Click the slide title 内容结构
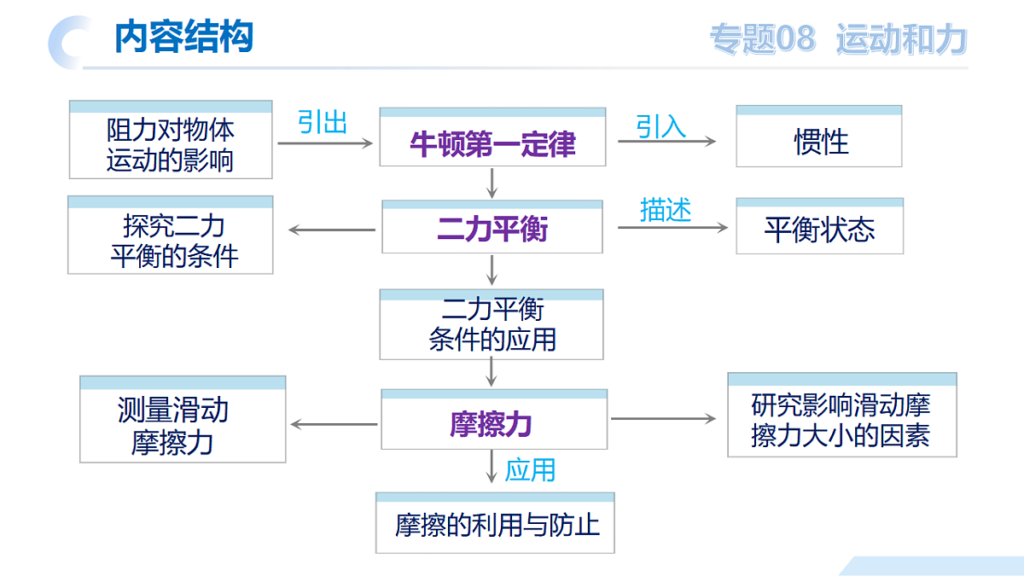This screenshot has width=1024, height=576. click(183, 37)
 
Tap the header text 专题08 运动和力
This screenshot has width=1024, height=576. click(838, 39)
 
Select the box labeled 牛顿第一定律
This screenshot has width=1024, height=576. click(493, 137)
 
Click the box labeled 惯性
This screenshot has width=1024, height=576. click(818, 137)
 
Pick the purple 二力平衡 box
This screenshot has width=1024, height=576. click(492, 226)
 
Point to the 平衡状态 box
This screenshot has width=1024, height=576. click(820, 226)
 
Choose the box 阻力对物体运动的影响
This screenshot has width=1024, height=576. click(171, 139)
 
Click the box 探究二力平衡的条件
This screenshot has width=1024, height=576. click(171, 235)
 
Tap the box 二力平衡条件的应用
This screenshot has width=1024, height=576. click(492, 324)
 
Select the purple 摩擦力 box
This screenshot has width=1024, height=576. click(494, 419)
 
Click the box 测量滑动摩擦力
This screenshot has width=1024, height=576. click(183, 419)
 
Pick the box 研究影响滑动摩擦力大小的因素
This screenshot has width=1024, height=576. click(842, 415)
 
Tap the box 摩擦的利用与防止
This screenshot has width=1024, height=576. click(495, 523)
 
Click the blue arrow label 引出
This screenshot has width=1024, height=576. click(323, 122)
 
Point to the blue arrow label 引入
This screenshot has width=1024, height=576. click(661, 126)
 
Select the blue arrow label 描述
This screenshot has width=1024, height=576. click(666, 210)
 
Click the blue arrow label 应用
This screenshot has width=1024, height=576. click(530, 470)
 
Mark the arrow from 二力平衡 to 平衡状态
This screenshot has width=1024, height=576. click(672, 227)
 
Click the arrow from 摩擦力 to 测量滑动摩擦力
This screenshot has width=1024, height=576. click(335, 425)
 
